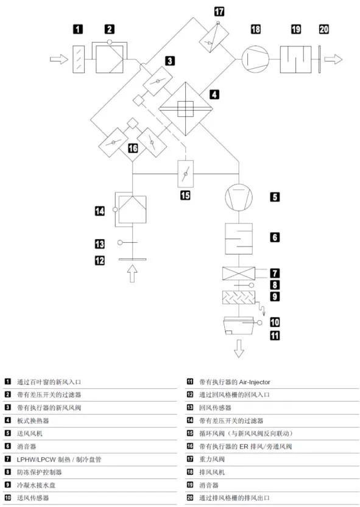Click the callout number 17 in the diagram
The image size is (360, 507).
[x=219, y=12]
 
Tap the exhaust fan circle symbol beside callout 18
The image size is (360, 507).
[x=255, y=59]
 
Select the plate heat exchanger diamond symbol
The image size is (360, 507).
[x=186, y=109]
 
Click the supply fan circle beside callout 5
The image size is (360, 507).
[x=239, y=197]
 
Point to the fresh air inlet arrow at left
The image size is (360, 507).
[x=59, y=59]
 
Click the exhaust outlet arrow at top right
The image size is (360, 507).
[x=333, y=59]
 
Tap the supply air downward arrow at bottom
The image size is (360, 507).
[x=239, y=349]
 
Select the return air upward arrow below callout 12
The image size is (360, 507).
[x=132, y=273]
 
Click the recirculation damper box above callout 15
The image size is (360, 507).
[x=186, y=173]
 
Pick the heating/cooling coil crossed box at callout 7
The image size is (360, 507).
[x=239, y=273]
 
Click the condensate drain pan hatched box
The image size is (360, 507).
[x=239, y=298]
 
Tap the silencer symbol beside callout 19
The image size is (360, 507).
[x=295, y=60]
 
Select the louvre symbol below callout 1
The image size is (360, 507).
[x=79, y=59]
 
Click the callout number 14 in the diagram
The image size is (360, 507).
[x=100, y=211]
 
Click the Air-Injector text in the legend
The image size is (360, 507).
[x=255, y=382]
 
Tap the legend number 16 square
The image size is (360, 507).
[x=190, y=446]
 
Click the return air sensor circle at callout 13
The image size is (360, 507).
[x=120, y=242]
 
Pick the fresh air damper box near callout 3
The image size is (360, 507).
[x=158, y=81]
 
